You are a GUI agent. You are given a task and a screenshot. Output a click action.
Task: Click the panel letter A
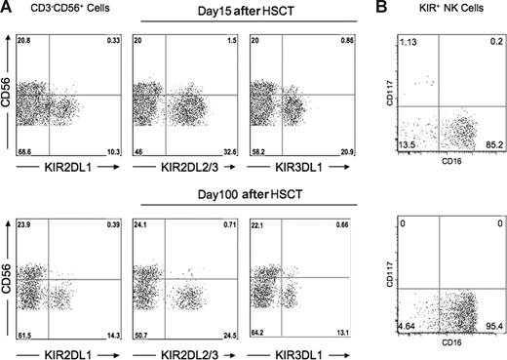[x=8, y=8]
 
